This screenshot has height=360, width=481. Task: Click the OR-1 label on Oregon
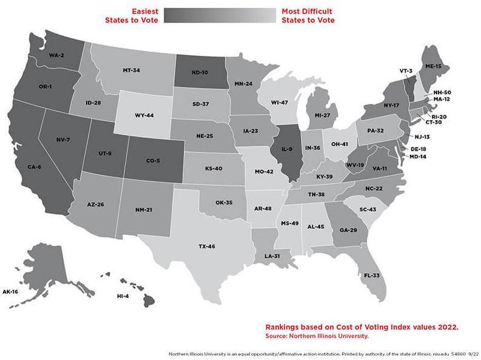pyautogui.click(x=45, y=87)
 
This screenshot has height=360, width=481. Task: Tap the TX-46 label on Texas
pyautogui.click(x=207, y=246)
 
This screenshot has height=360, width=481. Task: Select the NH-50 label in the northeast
pyautogui.click(x=442, y=92)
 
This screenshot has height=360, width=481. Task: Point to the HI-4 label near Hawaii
pyautogui.click(x=124, y=296)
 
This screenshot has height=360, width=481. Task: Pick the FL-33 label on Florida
pyautogui.click(x=371, y=275)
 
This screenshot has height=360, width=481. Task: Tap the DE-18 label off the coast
pyautogui.click(x=419, y=148)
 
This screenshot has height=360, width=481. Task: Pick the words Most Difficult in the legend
pyautogui.click(x=308, y=11)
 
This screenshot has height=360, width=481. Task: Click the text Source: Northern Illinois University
pyautogui.click(x=317, y=336)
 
